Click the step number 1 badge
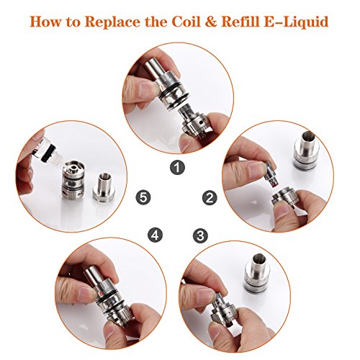[x=177, y=168]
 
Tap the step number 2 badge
[x=210, y=198]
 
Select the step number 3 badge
[x=200, y=235]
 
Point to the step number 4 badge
[x=155, y=235]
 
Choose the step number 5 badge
[x=143, y=198]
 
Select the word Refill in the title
[x=240, y=22]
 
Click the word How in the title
[x=45, y=22]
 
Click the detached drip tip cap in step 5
[x=104, y=186]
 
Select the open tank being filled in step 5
[x=73, y=179]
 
